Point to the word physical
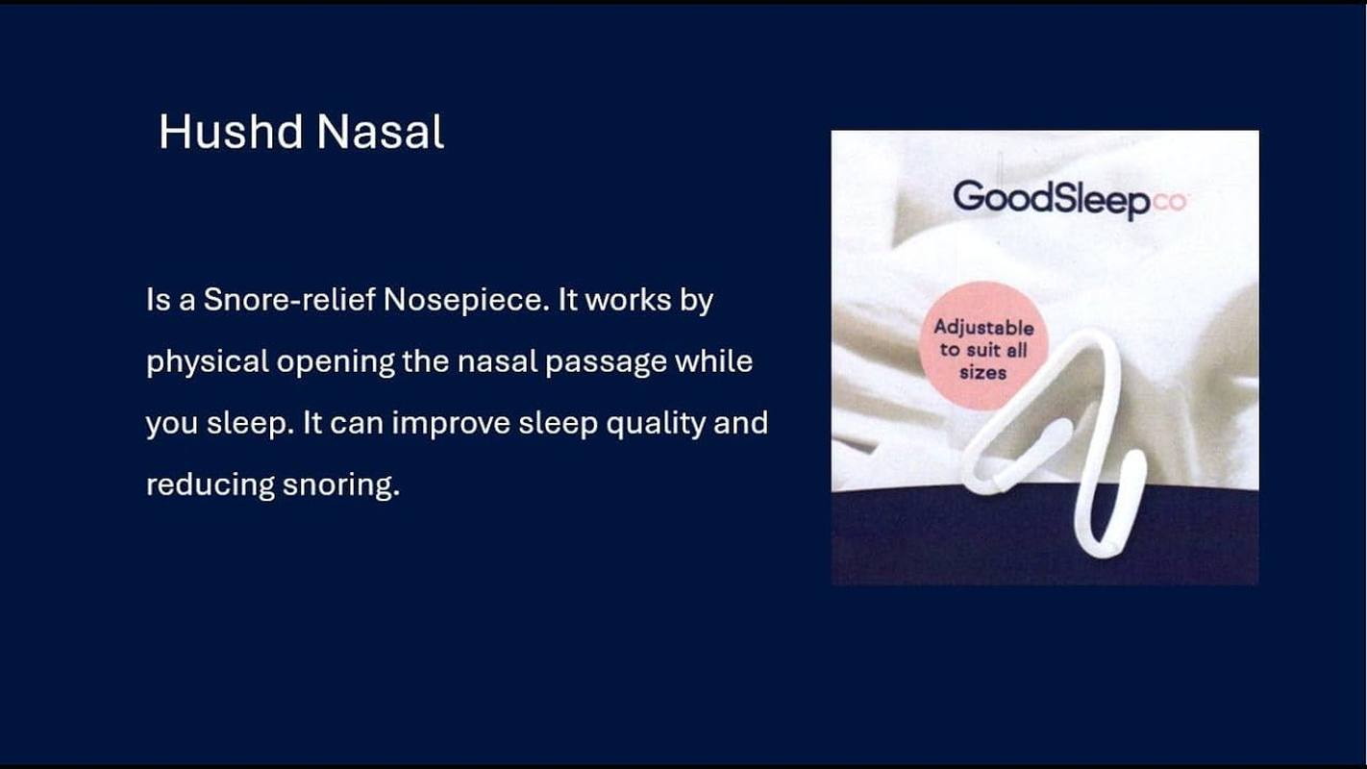click(x=207, y=362)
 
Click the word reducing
click(x=210, y=485)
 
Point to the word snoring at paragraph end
click(x=339, y=485)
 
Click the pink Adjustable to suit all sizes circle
click(x=982, y=347)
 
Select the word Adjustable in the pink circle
click(x=983, y=327)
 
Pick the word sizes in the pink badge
click(x=982, y=371)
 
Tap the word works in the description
click(x=620, y=300)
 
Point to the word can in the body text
click(x=357, y=424)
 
